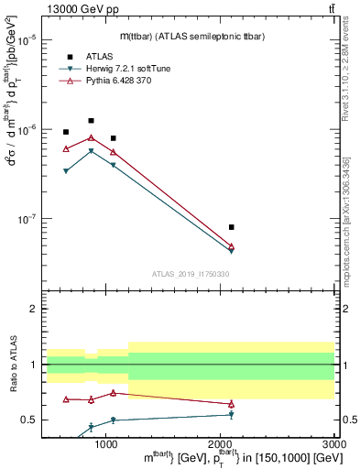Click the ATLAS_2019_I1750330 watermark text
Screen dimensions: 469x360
[x=189, y=273]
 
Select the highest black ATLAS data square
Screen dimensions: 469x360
[x=91, y=121]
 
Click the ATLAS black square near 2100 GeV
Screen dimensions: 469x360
[x=231, y=226]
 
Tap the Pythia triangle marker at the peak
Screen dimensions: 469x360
[x=91, y=137]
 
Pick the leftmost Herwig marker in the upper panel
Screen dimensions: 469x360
[x=66, y=171]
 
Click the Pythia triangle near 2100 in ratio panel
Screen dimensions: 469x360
[x=231, y=404]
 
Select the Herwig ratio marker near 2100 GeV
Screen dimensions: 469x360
[x=231, y=414]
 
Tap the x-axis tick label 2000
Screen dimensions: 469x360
[x=220, y=443]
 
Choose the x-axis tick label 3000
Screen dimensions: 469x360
[x=333, y=443]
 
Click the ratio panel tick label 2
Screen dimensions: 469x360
[x=33, y=309]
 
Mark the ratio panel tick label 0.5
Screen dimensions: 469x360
[x=29, y=420]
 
